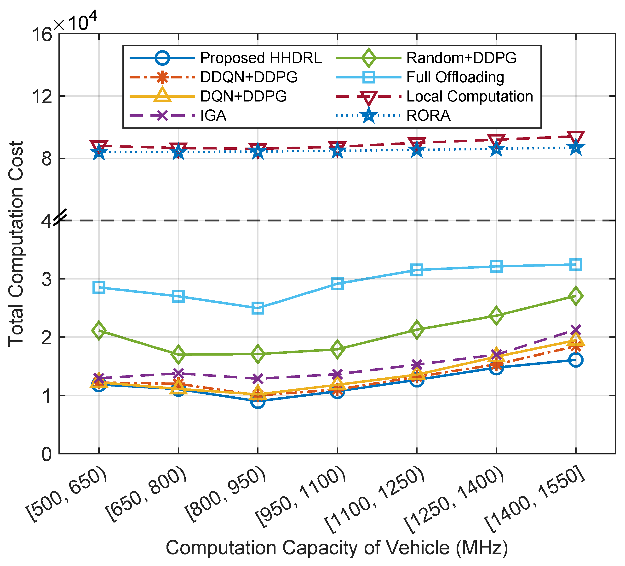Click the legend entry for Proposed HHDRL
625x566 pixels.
coord(261,58)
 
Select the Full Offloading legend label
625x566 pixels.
coord(455,77)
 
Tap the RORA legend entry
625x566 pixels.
coord(428,116)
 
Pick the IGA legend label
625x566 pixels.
coord(213,116)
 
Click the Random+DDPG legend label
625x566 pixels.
coord(461,58)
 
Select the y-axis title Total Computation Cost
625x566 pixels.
coord(16,244)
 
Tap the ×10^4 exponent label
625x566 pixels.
coord(75,22)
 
